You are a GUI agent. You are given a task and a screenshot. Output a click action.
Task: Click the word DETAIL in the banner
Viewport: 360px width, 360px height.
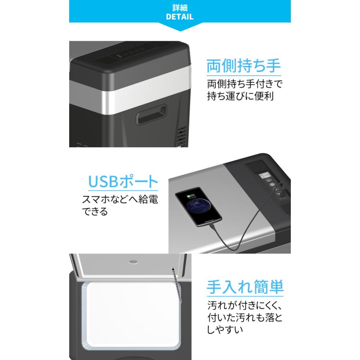click(180, 17)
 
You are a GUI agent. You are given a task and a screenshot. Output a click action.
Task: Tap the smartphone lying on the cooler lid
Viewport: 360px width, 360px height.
click(198, 208)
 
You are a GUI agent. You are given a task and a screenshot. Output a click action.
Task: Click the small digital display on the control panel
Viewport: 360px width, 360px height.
click(266, 176)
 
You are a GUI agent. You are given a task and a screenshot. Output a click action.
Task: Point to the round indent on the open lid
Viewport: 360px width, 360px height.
click(132, 263)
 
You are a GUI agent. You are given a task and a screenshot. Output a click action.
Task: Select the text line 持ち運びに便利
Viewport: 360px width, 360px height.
click(240, 97)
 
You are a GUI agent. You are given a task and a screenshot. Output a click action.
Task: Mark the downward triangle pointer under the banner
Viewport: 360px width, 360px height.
click(180, 28)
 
